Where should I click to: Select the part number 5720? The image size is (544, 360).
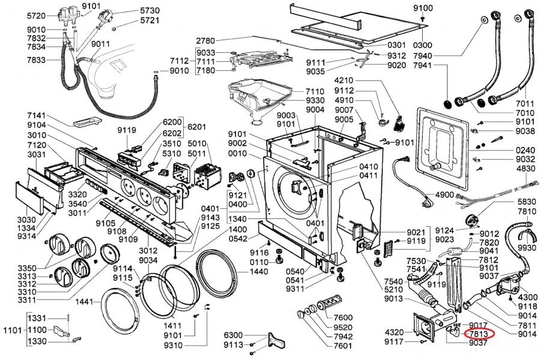click(37, 15)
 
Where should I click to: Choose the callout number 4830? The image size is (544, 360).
click(525, 170)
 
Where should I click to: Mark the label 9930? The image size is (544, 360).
click(527, 247)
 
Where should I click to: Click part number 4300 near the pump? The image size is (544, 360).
click(528, 297)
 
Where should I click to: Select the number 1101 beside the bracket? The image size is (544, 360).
click(12, 329)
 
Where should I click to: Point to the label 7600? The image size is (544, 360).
click(343, 317)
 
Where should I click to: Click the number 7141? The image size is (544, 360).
click(37, 115)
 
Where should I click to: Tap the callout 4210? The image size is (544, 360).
click(344, 80)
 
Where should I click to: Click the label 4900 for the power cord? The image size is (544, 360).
click(445, 195)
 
